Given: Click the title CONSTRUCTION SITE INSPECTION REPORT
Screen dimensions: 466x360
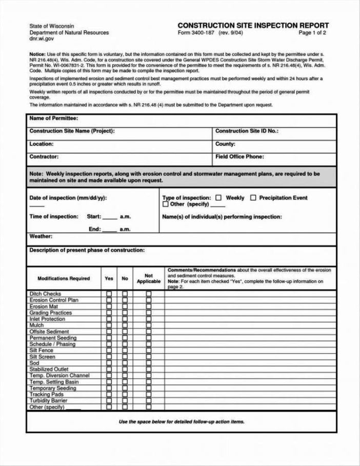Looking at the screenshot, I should pyautogui.click(x=253, y=26).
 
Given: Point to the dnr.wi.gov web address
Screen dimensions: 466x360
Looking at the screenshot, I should pyautogui.click(x=42, y=39).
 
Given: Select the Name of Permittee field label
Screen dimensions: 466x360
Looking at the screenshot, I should pyautogui.click(x=53, y=119).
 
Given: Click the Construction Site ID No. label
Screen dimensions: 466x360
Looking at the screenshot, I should pyautogui.click(x=247, y=131).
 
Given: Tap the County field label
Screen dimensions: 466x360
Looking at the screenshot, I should pyautogui.click(x=225, y=144).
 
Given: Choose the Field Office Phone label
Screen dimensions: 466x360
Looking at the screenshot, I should pyautogui.click(x=239, y=157).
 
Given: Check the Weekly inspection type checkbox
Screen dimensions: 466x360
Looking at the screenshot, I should pyautogui.click(x=218, y=198).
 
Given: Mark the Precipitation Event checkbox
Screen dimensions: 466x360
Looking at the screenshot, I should pyautogui.click(x=253, y=198).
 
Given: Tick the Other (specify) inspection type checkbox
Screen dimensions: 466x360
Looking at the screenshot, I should pyautogui.click(x=165, y=204).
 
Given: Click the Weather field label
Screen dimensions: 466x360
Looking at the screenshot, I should pyautogui.click(x=41, y=237).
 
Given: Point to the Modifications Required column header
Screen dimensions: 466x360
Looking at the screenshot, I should pyautogui.click(x=64, y=279).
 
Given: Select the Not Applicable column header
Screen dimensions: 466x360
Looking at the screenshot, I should pyautogui.click(x=149, y=279).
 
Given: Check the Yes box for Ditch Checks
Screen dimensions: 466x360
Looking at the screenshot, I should pyautogui.click(x=109, y=294).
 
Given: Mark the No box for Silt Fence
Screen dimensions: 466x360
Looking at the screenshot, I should pyautogui.click(x=125, y=351).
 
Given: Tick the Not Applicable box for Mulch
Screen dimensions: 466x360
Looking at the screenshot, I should pyautogui.click(x=149, y=325).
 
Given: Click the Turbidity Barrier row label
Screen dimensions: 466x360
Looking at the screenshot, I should pyautogui.click(x=49, y=401).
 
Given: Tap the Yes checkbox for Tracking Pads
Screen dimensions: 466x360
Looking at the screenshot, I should pyautogui.click(x=109, y=395).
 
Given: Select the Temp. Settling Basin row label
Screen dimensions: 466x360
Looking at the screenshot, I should pyautogui.click(x=54, y=382).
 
